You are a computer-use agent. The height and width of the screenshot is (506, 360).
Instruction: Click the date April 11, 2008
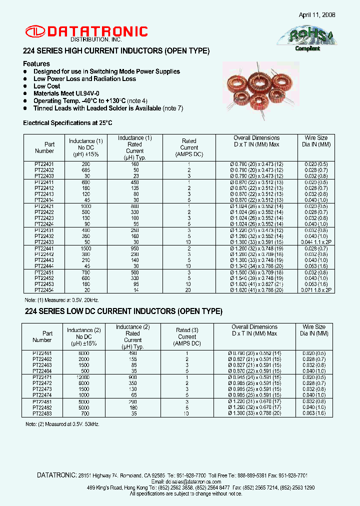pyautogui.click(x=317, y=15)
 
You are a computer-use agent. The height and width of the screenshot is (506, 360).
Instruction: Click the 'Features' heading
pyautogui.click(x=36, y=64)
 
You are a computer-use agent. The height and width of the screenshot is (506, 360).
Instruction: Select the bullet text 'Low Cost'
pyautogui.click(x=46, y=86)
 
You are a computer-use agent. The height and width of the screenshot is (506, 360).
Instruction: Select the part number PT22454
pyautogui.click(x=44, y=290)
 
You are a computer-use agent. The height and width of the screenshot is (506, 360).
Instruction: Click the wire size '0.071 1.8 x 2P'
pyautogui.click(x=316, y=290)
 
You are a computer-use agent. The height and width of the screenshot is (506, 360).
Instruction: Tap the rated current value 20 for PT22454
pyautogui.click(x=189, y=290)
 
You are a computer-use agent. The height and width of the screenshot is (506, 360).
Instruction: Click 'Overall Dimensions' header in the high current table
pyautogui.click(x=256, y=138)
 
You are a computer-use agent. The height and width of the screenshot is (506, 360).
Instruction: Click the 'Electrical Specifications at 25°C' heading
pyautogui.click(x=68, y=122)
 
